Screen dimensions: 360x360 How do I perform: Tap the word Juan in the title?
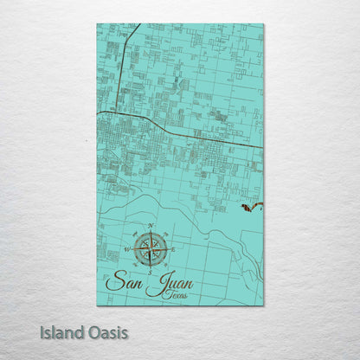(170, 284)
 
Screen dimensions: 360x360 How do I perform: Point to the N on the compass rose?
(151, 226)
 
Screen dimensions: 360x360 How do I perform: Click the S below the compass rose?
(150, 272)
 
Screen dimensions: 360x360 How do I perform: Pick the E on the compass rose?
(173, 249)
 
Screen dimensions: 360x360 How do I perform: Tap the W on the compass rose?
(128, 249)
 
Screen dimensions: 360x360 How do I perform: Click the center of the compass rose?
(151, 249)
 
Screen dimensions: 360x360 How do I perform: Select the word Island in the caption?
(61, 331)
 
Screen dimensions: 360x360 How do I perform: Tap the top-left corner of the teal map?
(97, 24)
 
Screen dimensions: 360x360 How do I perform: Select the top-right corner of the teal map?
(263, 24)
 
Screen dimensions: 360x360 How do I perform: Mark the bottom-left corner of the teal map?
(97, 305)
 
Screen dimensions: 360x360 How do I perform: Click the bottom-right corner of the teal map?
(263, 305)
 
